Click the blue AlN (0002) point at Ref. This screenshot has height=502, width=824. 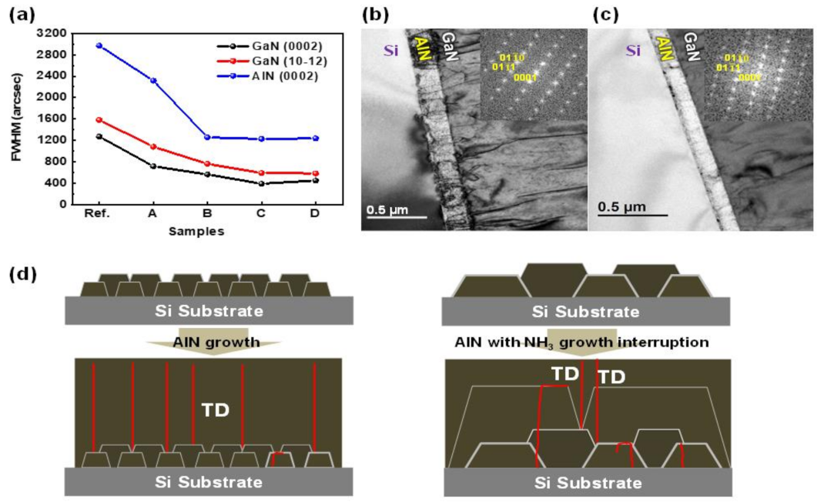pos(99,45)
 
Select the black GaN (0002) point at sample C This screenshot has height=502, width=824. pos(261,183)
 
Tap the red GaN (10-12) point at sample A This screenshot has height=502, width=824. pos(153,146)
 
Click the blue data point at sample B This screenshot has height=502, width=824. pos(207,137)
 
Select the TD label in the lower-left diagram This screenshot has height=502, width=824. pos(215,411)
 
